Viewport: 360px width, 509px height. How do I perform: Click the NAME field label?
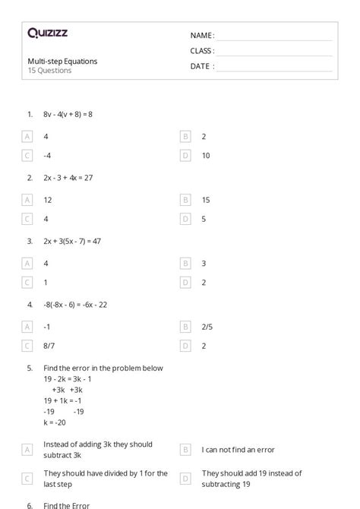(x=201, y=35)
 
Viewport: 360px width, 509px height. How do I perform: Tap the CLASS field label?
(x=202, y=50)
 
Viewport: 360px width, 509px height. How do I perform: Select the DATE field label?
(x=201, y=66)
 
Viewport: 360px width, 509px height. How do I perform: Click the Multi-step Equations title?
(x=62, y=61)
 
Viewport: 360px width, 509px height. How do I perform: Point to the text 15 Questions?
(x=49, y=71)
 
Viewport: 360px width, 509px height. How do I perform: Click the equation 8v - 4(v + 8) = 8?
(x=68, y=114)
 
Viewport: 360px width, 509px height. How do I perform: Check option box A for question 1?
(x=28, y=137)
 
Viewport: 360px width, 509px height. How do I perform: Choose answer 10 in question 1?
(x=206, y=155)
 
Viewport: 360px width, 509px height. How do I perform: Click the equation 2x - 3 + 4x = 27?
(x=68, y=178)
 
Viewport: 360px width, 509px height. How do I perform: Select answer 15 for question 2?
(x=206, y=200)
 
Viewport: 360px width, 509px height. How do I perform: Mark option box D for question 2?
(x=185, y=219)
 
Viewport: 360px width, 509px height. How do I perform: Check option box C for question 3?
(x=28, y=282)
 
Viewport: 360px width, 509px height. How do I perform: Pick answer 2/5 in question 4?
(x=207, y=326)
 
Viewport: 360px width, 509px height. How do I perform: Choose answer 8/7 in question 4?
(x=49, y=345)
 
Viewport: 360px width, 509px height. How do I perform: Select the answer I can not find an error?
(x=238, y=450)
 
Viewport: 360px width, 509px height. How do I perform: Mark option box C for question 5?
(x=28, y=478)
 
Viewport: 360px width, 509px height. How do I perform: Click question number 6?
(x=30, y=504)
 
